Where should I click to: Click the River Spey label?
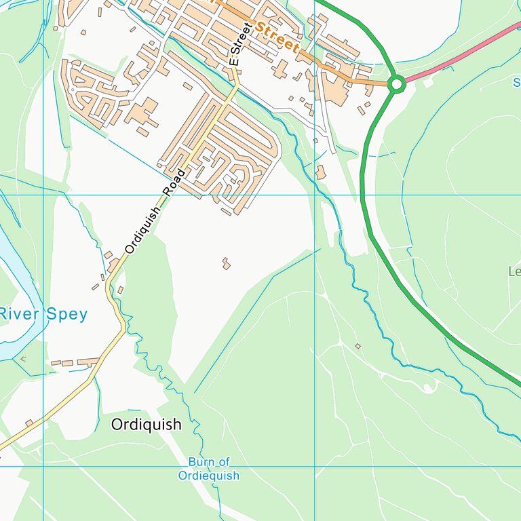click(43, 314)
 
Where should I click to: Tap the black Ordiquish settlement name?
click(146, 425)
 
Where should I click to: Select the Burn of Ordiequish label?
click(209, 469)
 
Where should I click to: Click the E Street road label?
click(240, 43)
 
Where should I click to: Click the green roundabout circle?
click(397, 84)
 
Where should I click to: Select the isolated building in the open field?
click(226, 263)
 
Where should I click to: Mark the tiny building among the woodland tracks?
click(358, 346)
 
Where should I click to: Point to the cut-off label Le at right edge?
click(514, 271)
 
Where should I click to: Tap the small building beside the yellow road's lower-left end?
click(29, 423)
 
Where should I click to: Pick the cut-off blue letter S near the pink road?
click(516, 83)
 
